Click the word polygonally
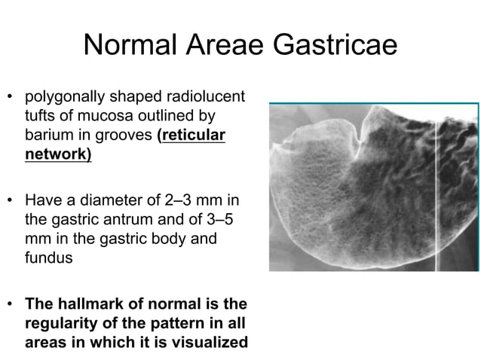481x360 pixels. [63, 97]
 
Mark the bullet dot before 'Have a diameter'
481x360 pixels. [11, 202]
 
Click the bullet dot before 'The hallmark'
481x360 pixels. [11, 305]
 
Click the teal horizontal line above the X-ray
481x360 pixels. [374, 102]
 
